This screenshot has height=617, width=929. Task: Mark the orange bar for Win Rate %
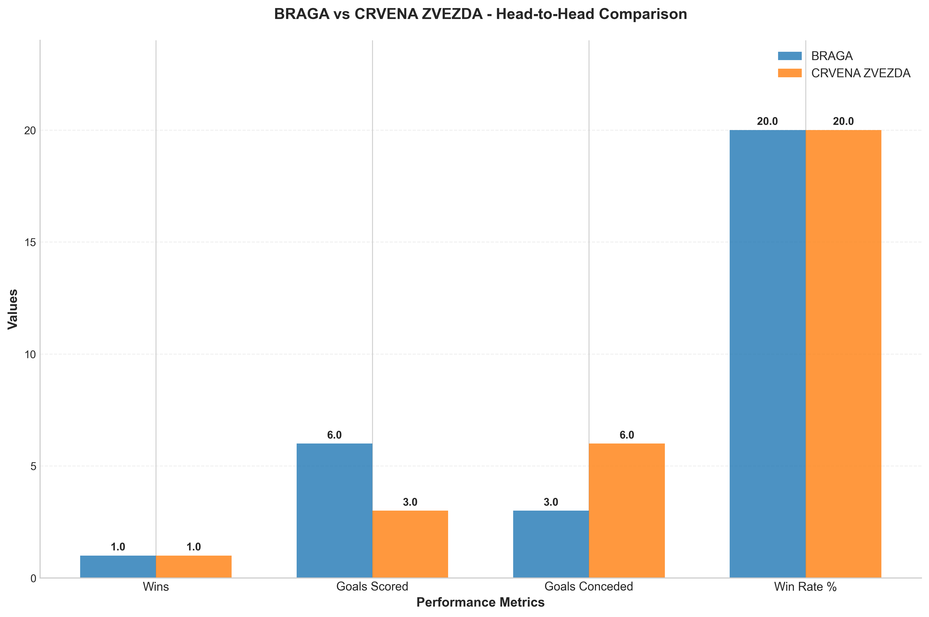click(843, 354)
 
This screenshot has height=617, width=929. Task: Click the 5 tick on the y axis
click(33, 466)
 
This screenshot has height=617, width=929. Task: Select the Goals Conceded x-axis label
click(589, 587)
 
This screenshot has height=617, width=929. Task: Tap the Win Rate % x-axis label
click(805, 587)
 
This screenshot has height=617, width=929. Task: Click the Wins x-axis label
click(156, 587)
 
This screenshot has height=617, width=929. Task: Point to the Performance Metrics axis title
click(480, 602)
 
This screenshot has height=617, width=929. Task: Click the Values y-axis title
click(13, 309)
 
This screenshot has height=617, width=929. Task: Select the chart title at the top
click(480, 14)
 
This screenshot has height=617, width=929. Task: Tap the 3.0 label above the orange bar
click(410, 502)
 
